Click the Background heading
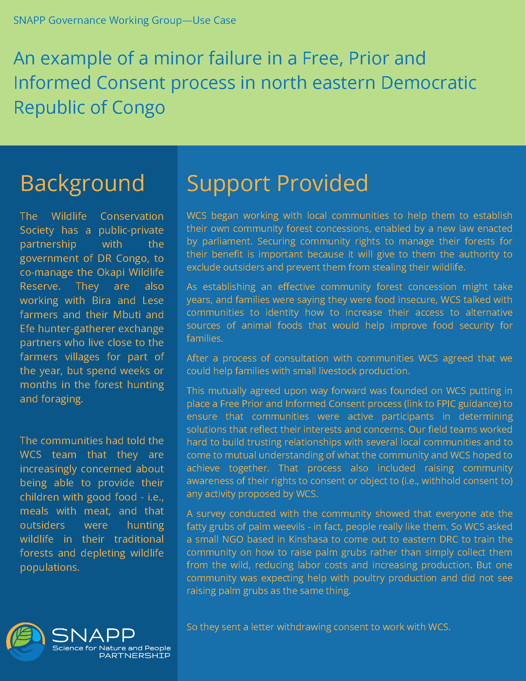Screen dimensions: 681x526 pos(82,183)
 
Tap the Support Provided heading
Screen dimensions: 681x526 pos(277,183)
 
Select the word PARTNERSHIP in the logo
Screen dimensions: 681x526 pos(135,656)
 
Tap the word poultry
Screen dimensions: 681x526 pos(369,578)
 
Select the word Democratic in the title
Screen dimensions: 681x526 pos(429,83)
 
